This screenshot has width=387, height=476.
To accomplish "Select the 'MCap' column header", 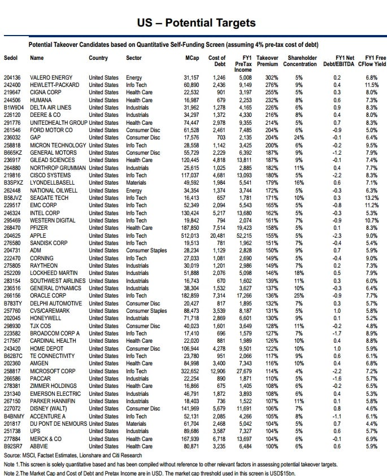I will coord(192,58).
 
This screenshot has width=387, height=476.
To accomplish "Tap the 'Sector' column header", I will coord(134,58).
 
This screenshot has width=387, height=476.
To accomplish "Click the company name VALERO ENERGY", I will coord(51,77).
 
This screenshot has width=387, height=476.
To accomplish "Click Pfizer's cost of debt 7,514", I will coord(218,228).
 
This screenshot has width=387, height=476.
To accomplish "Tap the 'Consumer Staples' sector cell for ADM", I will coord(146,250).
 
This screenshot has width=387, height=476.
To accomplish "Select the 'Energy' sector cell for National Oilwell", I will coord(134,190).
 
